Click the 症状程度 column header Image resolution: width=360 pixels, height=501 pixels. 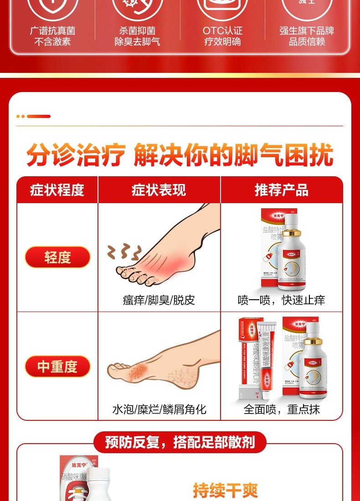[57, 190]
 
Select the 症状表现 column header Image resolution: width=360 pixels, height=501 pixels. [159, 190]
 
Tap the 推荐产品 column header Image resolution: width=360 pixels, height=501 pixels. [282, 190]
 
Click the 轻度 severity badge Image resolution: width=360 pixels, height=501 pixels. [57, 257]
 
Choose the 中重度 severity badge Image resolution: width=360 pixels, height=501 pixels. [57, 367]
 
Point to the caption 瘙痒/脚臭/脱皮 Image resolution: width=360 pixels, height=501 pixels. [159, 300]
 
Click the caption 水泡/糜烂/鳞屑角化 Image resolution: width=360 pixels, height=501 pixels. [159, 409]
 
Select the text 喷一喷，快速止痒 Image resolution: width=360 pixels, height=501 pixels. [282, 300]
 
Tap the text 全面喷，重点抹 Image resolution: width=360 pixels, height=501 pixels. [282, 409]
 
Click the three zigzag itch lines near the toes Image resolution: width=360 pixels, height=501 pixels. [124, 251]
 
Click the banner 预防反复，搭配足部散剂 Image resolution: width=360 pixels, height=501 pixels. [180, 442]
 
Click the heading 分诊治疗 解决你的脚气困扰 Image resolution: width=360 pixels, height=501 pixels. [180, 155]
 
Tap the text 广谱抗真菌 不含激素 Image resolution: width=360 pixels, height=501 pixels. [52, 36]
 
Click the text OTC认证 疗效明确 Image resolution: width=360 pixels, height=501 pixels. [222, 36]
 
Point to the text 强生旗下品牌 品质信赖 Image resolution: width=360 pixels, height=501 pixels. [307, 36]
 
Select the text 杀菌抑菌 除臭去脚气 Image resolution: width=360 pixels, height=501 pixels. [137, 36]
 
